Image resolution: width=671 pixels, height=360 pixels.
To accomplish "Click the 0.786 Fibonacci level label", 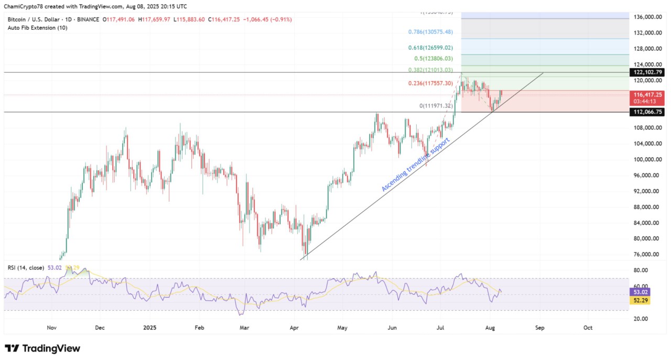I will pos(430,32).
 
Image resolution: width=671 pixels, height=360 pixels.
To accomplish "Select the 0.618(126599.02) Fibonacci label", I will pos(430,47).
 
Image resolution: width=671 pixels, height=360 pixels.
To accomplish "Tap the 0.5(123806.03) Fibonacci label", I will pos(435,59).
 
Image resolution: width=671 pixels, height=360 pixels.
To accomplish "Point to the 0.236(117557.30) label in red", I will pos(430,83).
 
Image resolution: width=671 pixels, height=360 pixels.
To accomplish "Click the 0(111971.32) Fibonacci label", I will pos(436,106).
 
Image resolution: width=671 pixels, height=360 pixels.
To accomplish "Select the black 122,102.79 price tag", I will pos(648,72).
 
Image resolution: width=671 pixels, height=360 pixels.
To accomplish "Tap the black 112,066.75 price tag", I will pos(648,112).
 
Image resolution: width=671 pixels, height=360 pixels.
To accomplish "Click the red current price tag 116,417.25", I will pos(648,95).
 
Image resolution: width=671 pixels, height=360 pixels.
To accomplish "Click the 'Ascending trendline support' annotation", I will pos(416,165).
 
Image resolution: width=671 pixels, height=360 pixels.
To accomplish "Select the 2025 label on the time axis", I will pos(150,328).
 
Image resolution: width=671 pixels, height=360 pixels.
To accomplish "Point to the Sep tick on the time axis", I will pos(540,328).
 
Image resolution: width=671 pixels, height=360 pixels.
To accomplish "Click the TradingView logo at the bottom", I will pos(42,348).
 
